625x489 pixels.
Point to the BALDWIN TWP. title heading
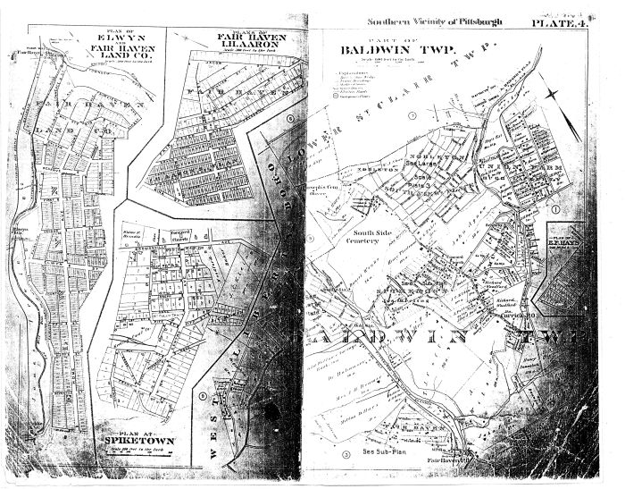[398, 62]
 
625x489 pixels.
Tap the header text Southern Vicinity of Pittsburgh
[442, 21]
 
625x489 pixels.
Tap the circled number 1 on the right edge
[554, 209]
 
